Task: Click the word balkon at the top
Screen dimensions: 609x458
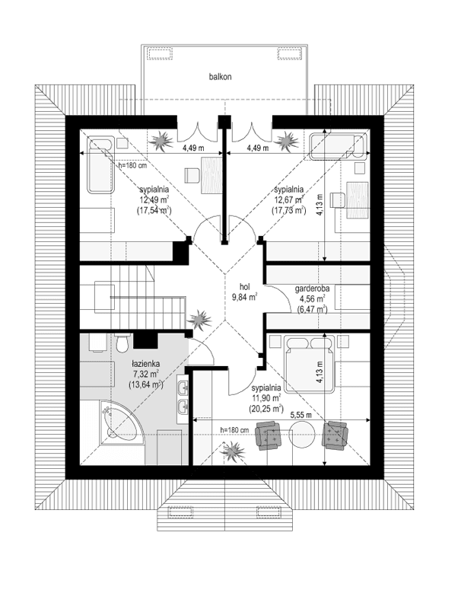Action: coord(221,77)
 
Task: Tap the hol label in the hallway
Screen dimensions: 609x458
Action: coord(244,287)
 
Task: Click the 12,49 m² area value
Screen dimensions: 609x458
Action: coord(153,201)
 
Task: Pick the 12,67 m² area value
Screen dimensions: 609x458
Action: coord(289,201)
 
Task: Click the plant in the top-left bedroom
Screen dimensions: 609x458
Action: coord(161,140)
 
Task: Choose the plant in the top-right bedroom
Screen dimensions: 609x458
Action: coord(288,140)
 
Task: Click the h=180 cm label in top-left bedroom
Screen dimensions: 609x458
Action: coord(132,164)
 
